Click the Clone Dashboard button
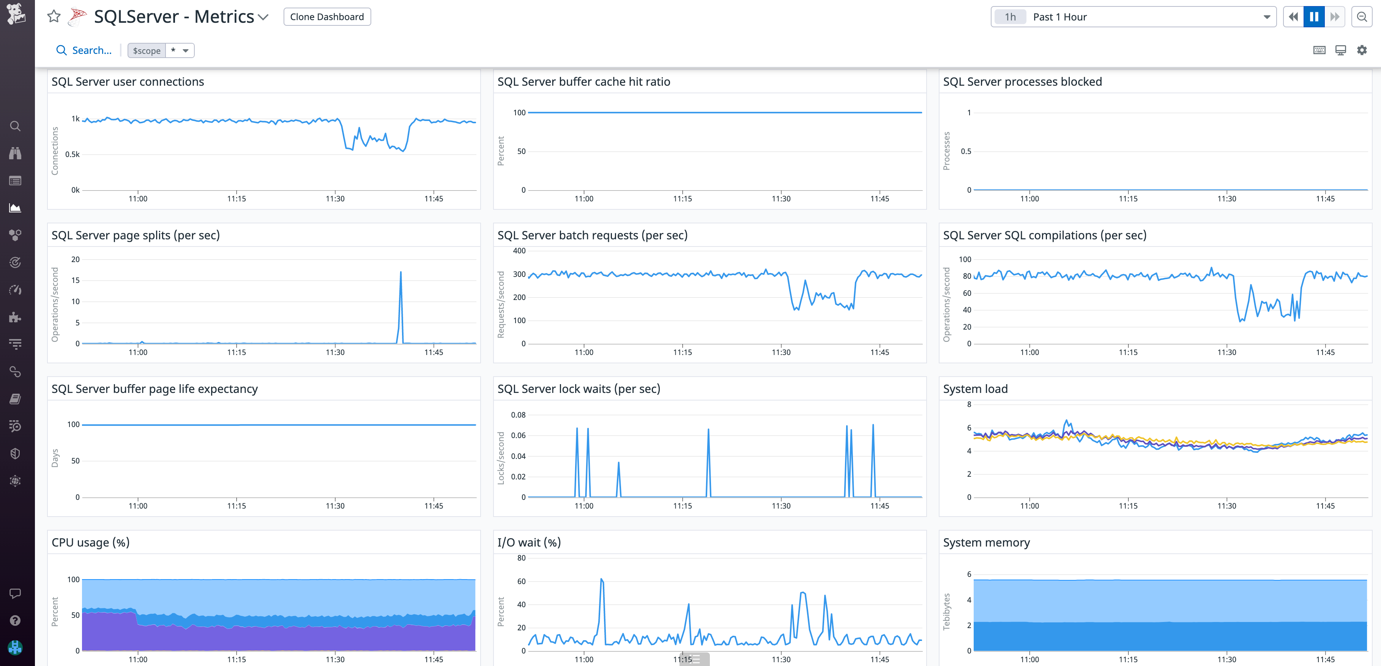(326, 17)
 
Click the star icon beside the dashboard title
(54, 17)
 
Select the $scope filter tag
(147, 50)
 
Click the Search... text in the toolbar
(91, 50)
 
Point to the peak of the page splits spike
(400, 272)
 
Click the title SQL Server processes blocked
(1022, 82)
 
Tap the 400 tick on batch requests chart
(519, 251)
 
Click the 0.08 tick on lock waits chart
(518, 415)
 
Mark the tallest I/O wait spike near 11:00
(602, 579)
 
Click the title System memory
(986, 542)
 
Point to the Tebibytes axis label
(946, 611)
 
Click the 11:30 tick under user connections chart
(335, 199)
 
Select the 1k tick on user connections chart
(76, 119)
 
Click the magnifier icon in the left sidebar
(15, 126)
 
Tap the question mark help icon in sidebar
(15, 620)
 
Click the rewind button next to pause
(1293, 17)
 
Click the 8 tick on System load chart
(969, 405)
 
